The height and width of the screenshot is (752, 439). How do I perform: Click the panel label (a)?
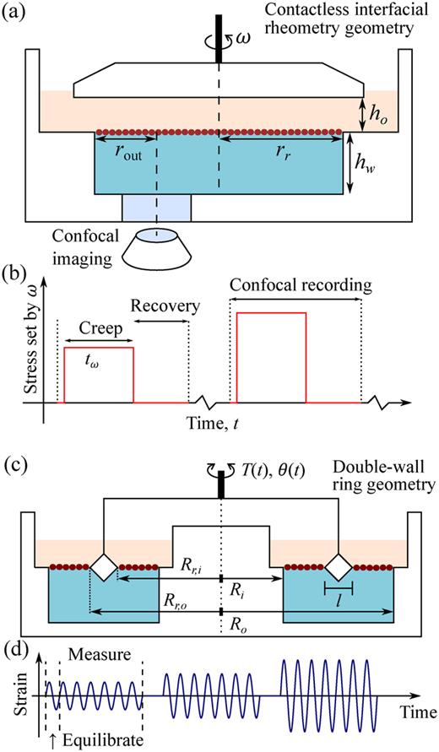[x=14, y=12]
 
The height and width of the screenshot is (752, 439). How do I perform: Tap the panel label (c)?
[x=14, y=464]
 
